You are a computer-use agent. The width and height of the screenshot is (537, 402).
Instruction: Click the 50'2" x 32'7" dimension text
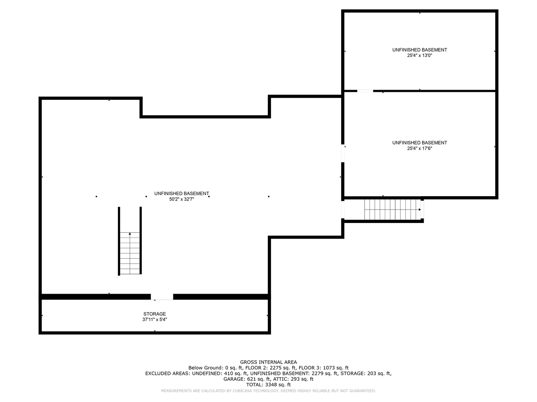point(181,199)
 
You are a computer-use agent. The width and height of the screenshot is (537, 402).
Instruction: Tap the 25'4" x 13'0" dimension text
point(419,55)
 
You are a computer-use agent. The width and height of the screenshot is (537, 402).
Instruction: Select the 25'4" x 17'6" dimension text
point(419,149)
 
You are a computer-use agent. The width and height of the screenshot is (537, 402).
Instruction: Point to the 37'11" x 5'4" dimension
point(154,319)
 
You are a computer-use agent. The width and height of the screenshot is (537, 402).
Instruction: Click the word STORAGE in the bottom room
point(154,314)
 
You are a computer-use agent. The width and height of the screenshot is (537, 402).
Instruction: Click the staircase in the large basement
point(130,253)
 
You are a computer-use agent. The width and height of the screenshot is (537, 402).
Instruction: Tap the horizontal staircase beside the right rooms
point(392,210)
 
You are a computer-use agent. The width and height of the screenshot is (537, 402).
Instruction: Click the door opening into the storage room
point(162,297)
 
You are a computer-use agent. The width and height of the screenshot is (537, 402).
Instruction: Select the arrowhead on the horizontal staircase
point(420,210)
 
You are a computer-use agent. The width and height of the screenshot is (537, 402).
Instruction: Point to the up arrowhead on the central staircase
point(130,234)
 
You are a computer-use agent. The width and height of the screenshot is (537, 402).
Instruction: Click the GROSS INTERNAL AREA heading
point(268,362)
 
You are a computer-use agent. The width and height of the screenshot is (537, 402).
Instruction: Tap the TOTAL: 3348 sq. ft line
point(268,385)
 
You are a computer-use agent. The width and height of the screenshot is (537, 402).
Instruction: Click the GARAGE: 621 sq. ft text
point(247,379)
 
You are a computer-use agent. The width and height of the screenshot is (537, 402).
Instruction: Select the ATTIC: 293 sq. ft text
point(293,379)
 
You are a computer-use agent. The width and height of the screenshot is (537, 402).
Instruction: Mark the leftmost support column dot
point(96,197)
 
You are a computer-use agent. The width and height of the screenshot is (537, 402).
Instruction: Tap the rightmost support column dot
point(268,197)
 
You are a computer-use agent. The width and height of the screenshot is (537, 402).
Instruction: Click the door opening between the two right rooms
point(365,91)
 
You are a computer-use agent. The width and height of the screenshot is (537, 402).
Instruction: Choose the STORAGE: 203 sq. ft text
point(366,373)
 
